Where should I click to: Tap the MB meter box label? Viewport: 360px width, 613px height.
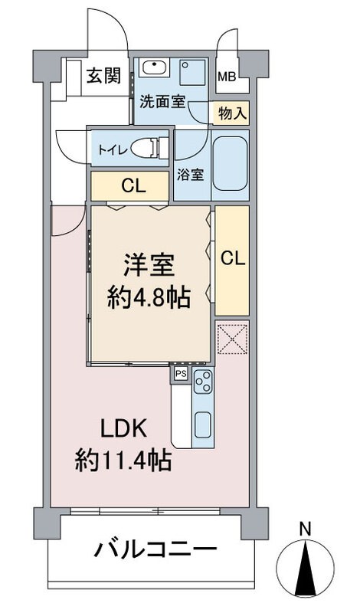227,77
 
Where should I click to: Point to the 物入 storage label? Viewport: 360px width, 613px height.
233,113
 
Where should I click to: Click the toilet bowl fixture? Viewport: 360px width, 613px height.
149,148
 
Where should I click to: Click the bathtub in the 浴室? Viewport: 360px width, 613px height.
231,165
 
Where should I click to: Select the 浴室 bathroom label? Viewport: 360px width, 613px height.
191,175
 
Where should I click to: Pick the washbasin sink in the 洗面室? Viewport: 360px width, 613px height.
155,68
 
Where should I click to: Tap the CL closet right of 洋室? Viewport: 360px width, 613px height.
232,261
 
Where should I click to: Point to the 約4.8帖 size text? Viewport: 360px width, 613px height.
149,298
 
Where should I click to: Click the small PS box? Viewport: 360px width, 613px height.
181,374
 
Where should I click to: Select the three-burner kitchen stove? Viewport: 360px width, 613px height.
203,381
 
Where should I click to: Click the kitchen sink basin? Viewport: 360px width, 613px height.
203,425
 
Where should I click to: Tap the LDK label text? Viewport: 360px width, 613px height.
124,429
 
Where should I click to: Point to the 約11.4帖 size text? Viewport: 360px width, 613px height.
123,461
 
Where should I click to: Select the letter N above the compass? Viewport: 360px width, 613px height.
305,529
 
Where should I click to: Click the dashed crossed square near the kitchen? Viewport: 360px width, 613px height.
233,339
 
